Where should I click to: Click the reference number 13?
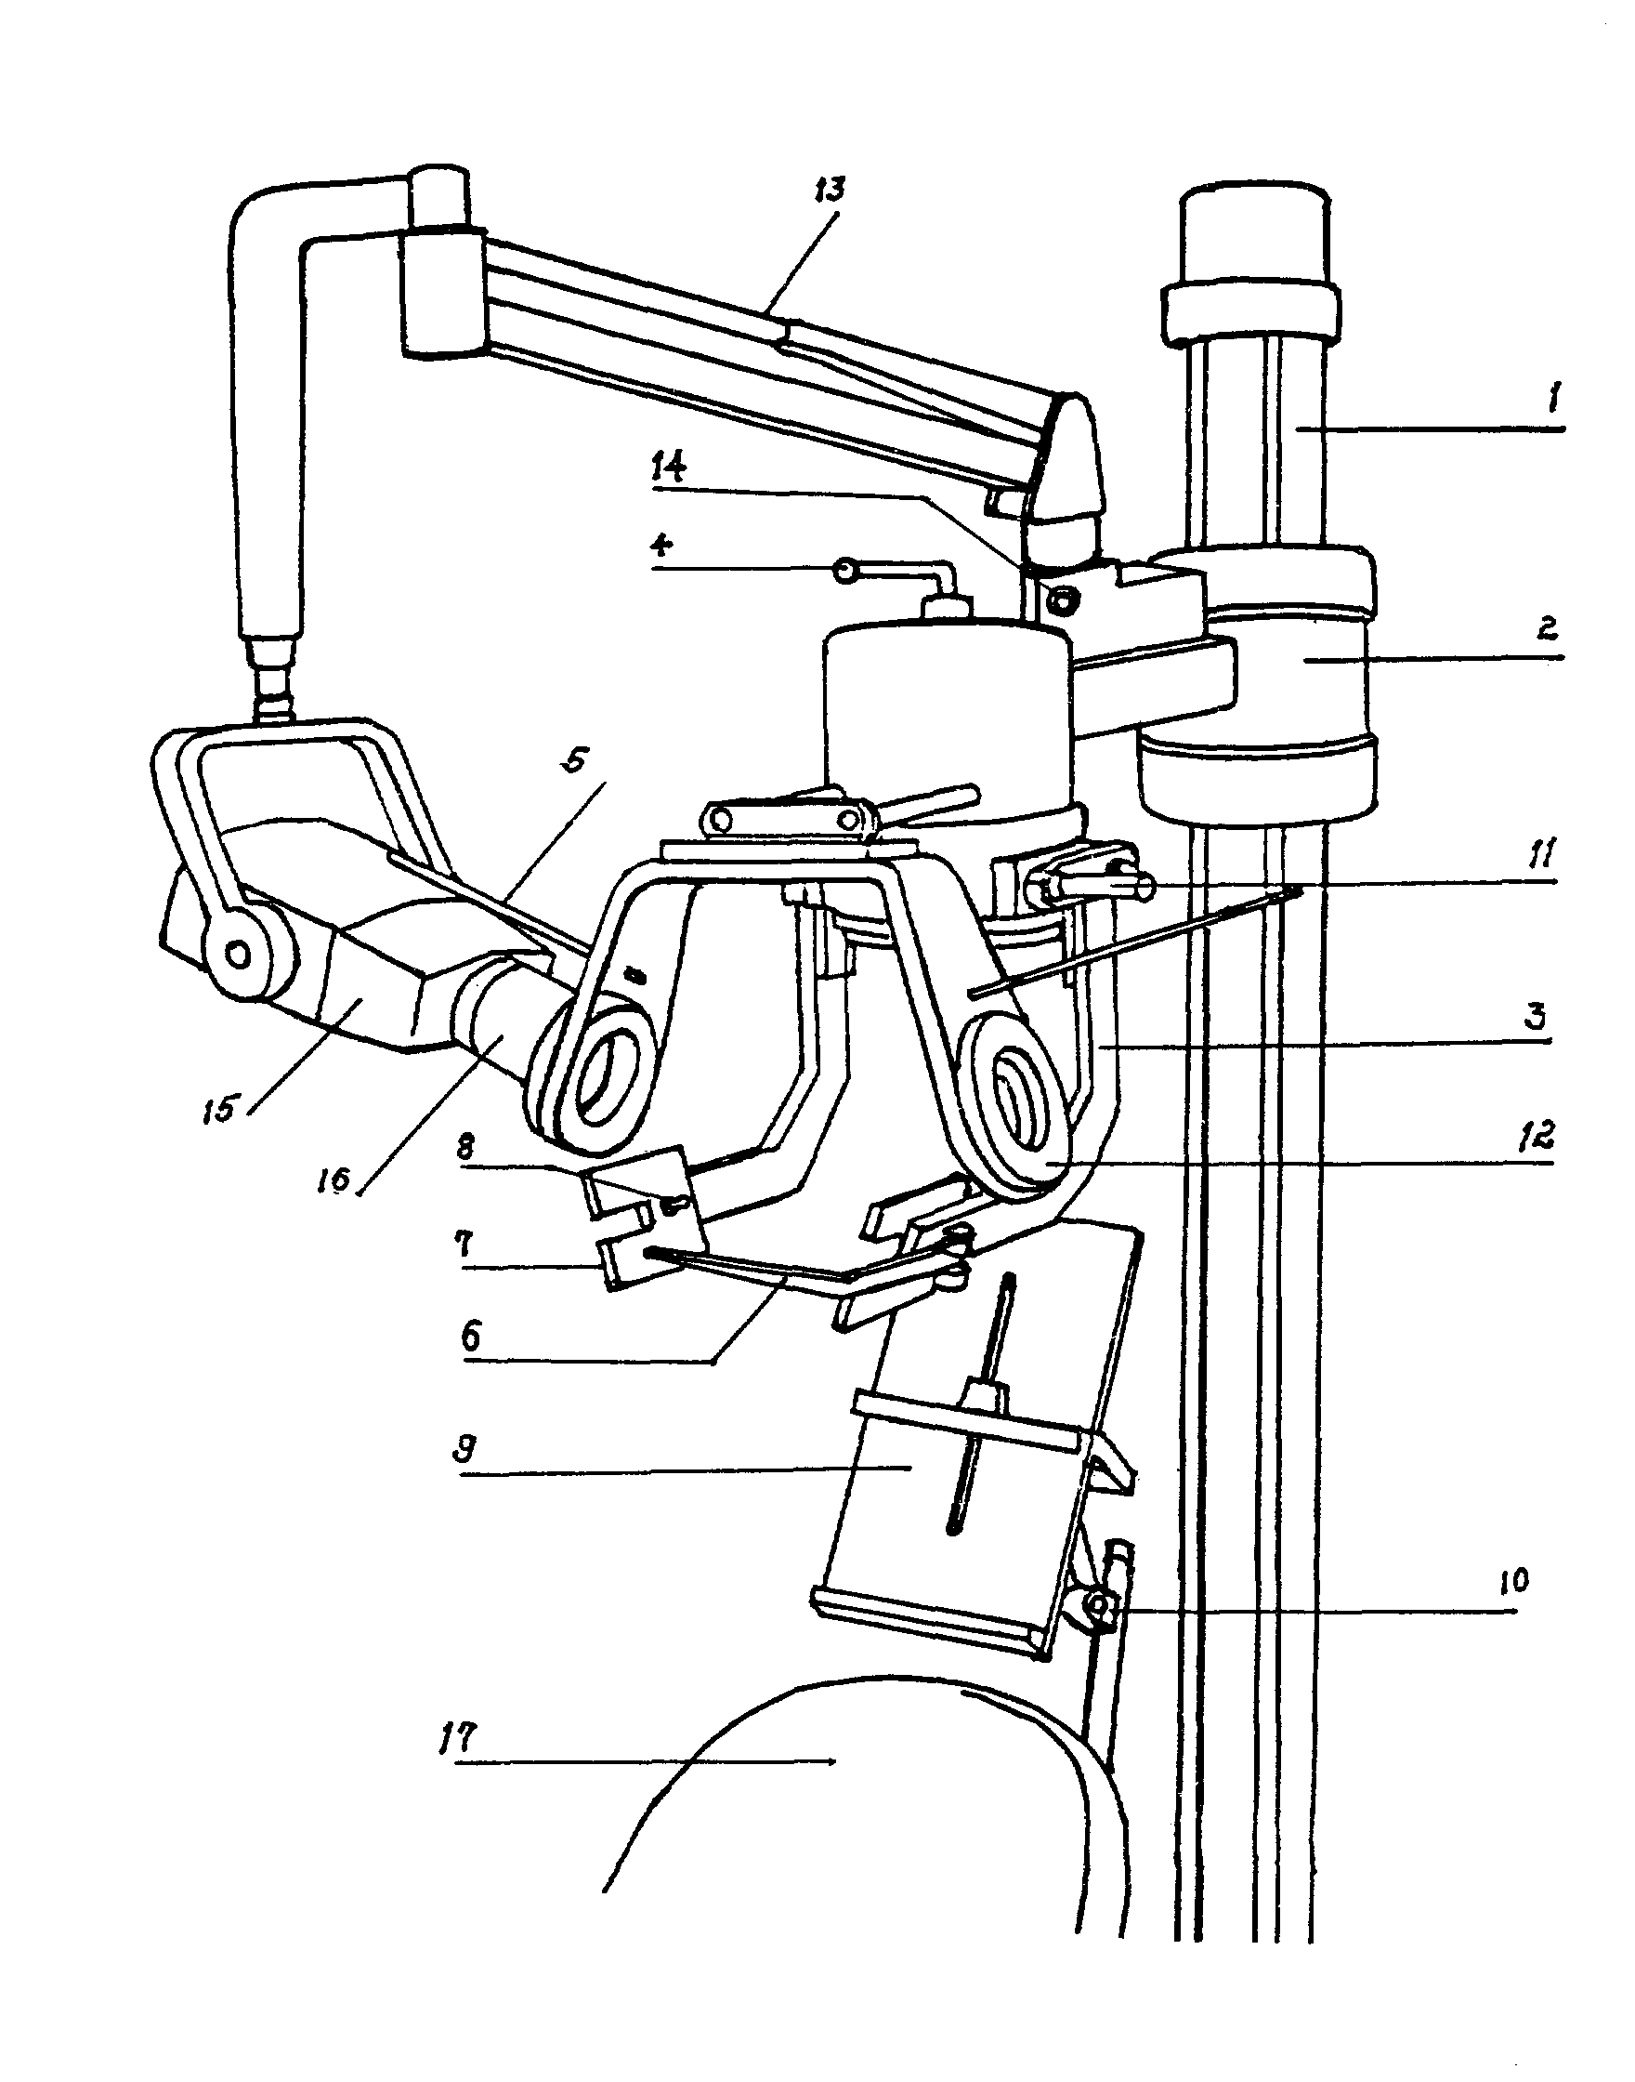[x=829, y=190]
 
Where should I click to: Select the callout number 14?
[x=669, y=470]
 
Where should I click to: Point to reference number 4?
[x=661, y=547]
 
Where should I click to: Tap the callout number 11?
[x=1541, y=852]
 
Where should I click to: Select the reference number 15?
[x=220, y=1111]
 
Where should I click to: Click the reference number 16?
[x=335, y=1179]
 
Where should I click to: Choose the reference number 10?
[x=1513, y=1580]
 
